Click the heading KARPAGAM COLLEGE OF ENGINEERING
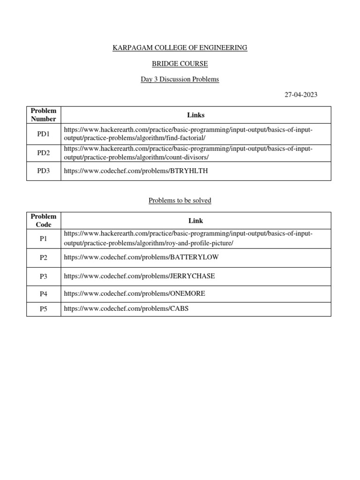180,48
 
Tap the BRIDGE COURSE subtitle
180,63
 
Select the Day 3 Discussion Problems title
180,79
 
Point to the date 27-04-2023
301,95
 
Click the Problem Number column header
44,115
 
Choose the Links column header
195,115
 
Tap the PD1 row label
44,134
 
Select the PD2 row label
44,153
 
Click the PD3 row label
44,171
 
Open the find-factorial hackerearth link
188,134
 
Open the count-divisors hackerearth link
188,153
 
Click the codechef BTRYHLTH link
135,171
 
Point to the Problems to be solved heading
180,200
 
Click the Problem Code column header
44,220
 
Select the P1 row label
44,239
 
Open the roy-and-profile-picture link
188,239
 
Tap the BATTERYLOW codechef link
141,257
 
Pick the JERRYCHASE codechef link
139,276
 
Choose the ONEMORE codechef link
135,294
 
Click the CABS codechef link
126,309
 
